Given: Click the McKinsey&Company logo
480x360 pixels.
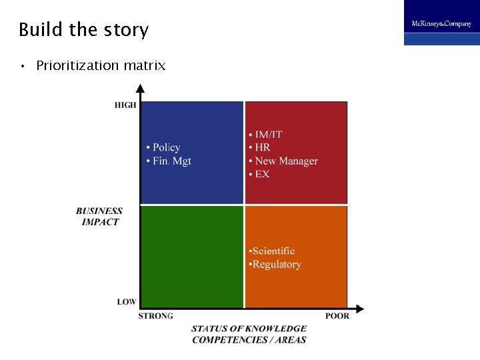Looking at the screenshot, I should click(x=441, y=23).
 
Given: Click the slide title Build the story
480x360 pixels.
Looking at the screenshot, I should click(x=83, y=30).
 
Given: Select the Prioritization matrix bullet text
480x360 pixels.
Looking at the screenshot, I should click(x=101, y=65).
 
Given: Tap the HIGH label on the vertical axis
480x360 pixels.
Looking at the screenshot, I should click(x=125, y=105).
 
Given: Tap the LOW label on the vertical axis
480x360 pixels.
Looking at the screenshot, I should click(x=127, y=302).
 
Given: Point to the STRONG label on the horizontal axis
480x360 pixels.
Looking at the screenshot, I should click(x=155, y=316).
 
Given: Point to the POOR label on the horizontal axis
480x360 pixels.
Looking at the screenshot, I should click(x=337, y=316).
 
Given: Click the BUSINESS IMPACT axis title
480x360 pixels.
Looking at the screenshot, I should click(x=99, y=217).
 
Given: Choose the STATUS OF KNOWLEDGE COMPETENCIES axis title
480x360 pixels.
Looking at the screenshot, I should click(x=249, y=334).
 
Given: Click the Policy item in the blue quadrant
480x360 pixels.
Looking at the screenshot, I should click(x=166, y=147).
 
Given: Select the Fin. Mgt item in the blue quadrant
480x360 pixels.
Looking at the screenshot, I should click(x=171, y=161).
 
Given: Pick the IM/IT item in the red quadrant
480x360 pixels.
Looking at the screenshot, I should click(x=268, y=134).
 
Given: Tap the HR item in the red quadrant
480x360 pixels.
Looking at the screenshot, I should click(x=262, y=147).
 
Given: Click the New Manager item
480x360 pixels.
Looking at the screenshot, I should click(x=286, y=161).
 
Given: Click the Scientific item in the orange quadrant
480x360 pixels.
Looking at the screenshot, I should click(x=273, y=251).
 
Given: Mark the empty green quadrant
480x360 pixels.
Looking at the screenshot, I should click(x=192, y=257).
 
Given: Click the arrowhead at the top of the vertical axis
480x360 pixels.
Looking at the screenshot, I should click(x=140, y=88).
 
